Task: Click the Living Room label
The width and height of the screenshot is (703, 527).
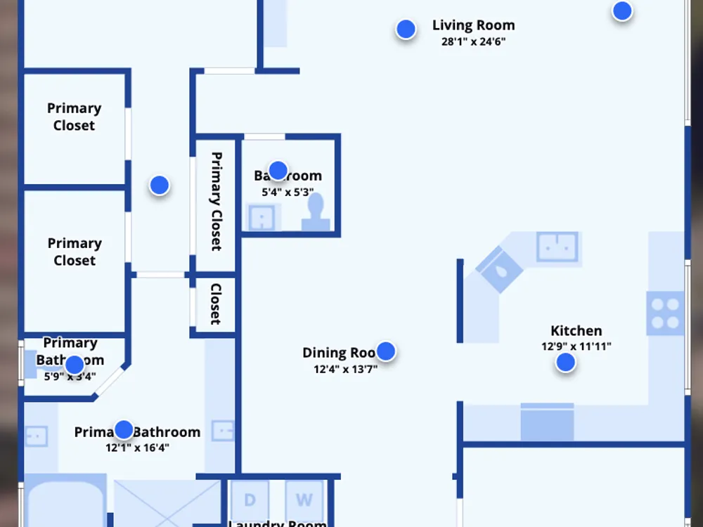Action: pos(473,25)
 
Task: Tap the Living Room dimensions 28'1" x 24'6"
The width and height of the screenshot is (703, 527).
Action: pos(473,41)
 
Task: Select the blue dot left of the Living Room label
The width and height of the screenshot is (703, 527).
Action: pos(406,29)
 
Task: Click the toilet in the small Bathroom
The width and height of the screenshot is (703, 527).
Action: pos(316,212)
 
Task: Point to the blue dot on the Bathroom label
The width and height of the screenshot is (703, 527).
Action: pos(278,170)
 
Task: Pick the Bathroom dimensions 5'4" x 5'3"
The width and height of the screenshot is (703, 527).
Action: pos(288,191)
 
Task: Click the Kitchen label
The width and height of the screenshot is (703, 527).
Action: pos(576,330)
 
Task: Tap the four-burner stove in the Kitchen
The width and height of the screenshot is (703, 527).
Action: pos(665,313)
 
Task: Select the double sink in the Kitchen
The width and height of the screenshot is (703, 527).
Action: pos(557,247)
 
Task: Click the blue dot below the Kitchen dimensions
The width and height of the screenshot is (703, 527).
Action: pos(565,363)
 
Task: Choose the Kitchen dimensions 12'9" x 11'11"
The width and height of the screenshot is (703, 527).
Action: pos(576,346)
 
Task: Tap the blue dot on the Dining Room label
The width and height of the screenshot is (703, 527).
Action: pos(385,351)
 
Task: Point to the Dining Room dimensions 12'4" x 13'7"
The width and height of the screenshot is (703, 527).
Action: pos(345,368)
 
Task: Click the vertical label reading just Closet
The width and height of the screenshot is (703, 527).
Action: pos(216,304)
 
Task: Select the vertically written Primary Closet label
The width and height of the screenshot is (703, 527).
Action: pos(216,201)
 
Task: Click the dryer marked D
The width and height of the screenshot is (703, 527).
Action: pos(250,500)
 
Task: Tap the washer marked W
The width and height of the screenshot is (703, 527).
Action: pos(304,500)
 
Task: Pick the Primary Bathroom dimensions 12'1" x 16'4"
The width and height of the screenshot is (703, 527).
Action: pos(137,448)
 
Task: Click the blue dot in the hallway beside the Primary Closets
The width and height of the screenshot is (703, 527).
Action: pos(160,186)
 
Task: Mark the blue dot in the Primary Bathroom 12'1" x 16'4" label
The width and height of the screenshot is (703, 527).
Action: pos(124,430)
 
